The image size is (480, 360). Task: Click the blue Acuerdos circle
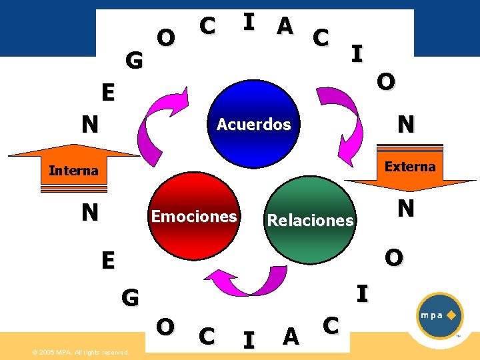click(x=254, y=124)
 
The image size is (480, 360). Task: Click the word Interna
click(x=73, y=171)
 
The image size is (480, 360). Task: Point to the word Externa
click(x=410, y=167)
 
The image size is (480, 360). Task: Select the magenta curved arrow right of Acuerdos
click(x=341, y=123)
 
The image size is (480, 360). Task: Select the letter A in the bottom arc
click(x=290, y=337)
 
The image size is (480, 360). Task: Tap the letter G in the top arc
click(x=134, y=61)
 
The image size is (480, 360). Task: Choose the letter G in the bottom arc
click(x=130, y=297)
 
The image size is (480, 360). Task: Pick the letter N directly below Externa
click(x=405, y=209)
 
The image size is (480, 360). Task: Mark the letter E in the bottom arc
click(x=107, y=259)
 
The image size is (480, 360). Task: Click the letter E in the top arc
click(x=107, y=92)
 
